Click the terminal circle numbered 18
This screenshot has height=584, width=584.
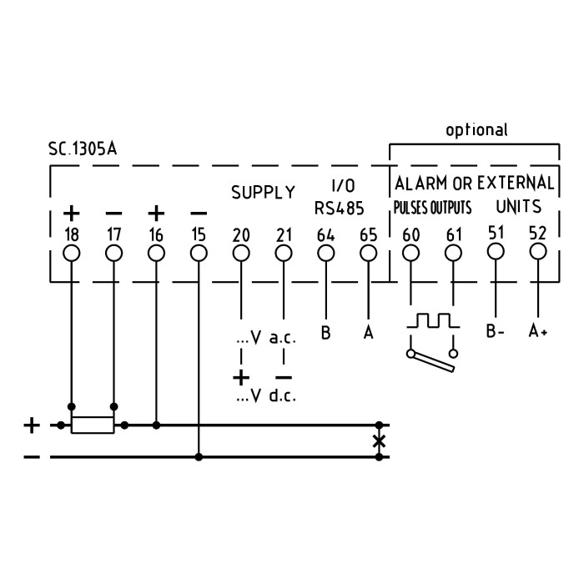click(72, 252)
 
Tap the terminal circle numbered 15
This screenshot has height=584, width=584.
click(198, 252)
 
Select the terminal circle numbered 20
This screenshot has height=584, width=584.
click(241, 252)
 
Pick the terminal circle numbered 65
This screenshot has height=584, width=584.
click(368, 252)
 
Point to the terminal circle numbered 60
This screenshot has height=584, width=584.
click(410, 252)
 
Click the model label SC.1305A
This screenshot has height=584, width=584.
click(83, 150)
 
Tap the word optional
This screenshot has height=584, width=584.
click(476, 130)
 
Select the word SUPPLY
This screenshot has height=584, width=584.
click(263, 193)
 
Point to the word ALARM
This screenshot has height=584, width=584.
click(424, 183)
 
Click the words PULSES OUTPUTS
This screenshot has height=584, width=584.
click(432, 206)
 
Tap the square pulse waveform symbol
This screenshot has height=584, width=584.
click(431, 320)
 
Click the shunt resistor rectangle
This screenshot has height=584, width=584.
click(93, 425)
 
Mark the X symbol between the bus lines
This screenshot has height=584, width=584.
click(379, 441)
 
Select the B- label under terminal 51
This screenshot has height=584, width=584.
click(496, 331)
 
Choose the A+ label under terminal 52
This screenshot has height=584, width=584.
click(538, 331)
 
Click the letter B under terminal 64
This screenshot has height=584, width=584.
click(325, 333)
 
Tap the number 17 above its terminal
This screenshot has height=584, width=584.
click(113, 235)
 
